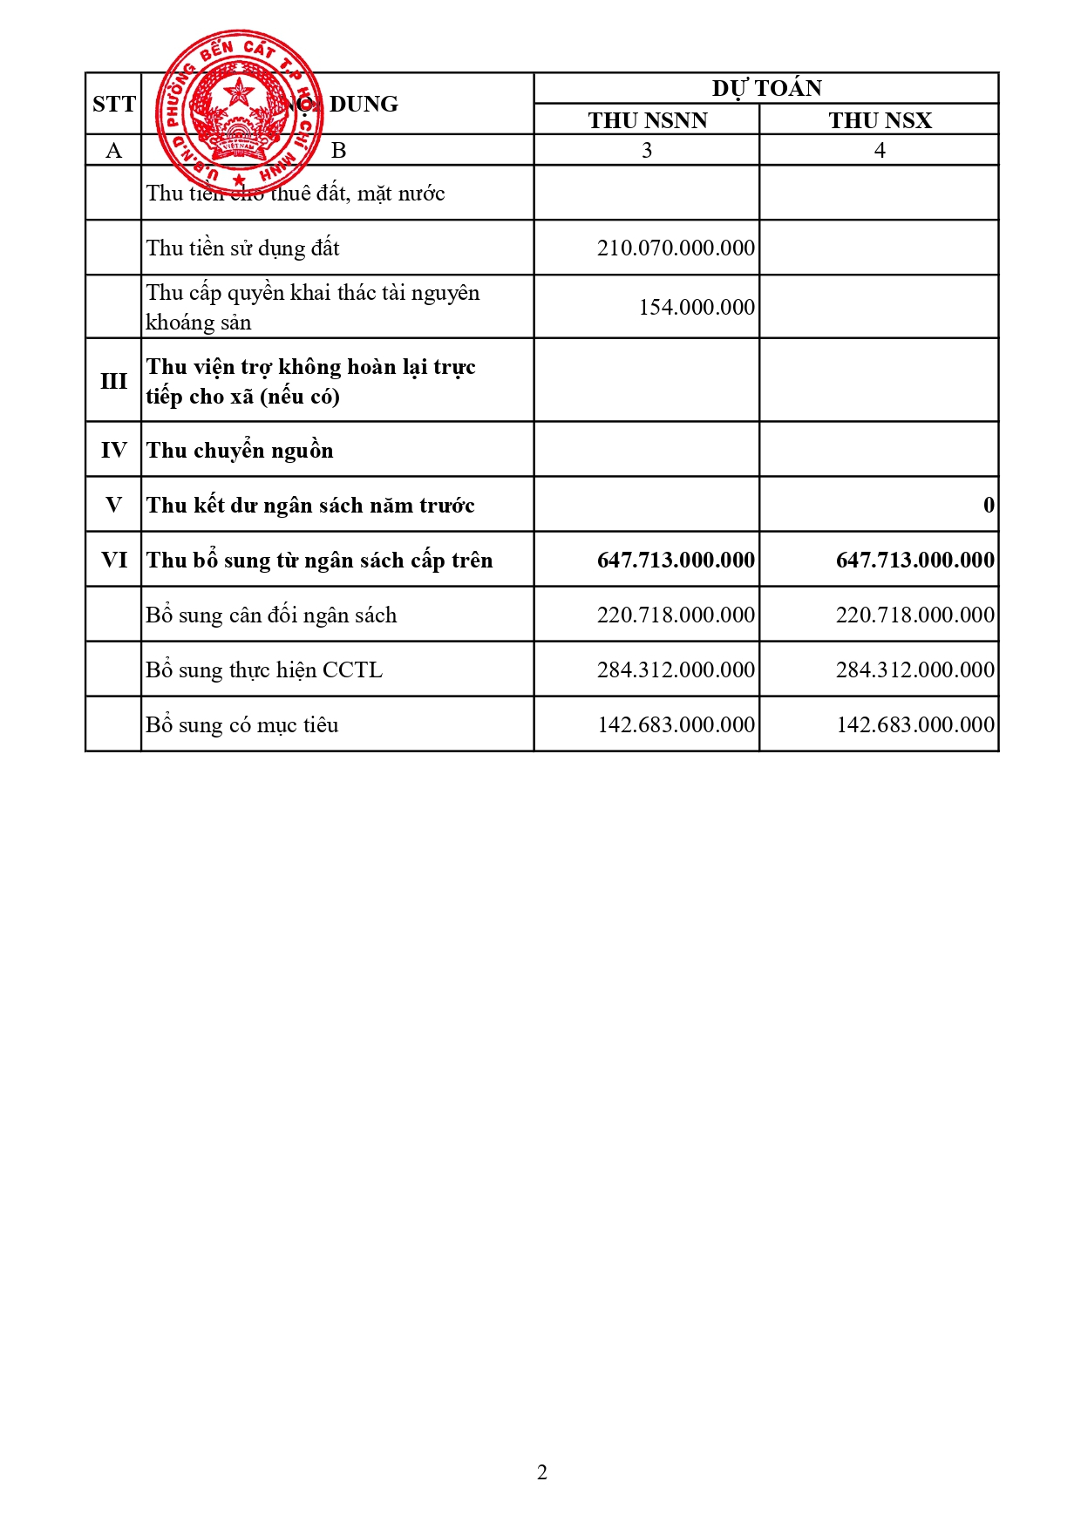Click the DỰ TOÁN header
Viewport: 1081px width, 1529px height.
point(766,88)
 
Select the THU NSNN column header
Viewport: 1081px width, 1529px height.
point(647,120)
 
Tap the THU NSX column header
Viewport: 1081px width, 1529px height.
point(880,120)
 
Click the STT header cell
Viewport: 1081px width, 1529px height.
point(114,104)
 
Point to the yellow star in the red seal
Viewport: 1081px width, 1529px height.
point(238,92)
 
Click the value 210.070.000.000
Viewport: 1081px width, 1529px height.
point(676,248)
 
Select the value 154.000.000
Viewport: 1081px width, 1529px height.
point(697,308)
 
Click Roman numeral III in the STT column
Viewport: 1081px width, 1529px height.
point(114,381)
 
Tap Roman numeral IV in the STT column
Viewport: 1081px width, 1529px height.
point(114,451)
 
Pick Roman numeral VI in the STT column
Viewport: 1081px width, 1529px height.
point(114,560)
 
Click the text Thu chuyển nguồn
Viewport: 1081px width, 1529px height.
point(240,451)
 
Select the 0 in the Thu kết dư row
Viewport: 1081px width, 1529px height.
point(989,506)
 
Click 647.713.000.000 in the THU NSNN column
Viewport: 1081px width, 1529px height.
point(676,561)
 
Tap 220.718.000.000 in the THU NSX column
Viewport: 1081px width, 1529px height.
point(914,615)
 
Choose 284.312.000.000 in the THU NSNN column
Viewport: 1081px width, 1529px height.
point(676,670)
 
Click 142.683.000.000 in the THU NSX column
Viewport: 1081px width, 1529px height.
point(914,725)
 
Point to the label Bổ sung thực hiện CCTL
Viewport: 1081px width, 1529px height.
point(264,670)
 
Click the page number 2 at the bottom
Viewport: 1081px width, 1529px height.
point(542,1472)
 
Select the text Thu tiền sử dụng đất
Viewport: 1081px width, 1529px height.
point(242,248)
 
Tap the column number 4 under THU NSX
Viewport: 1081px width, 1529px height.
point(880,151)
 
